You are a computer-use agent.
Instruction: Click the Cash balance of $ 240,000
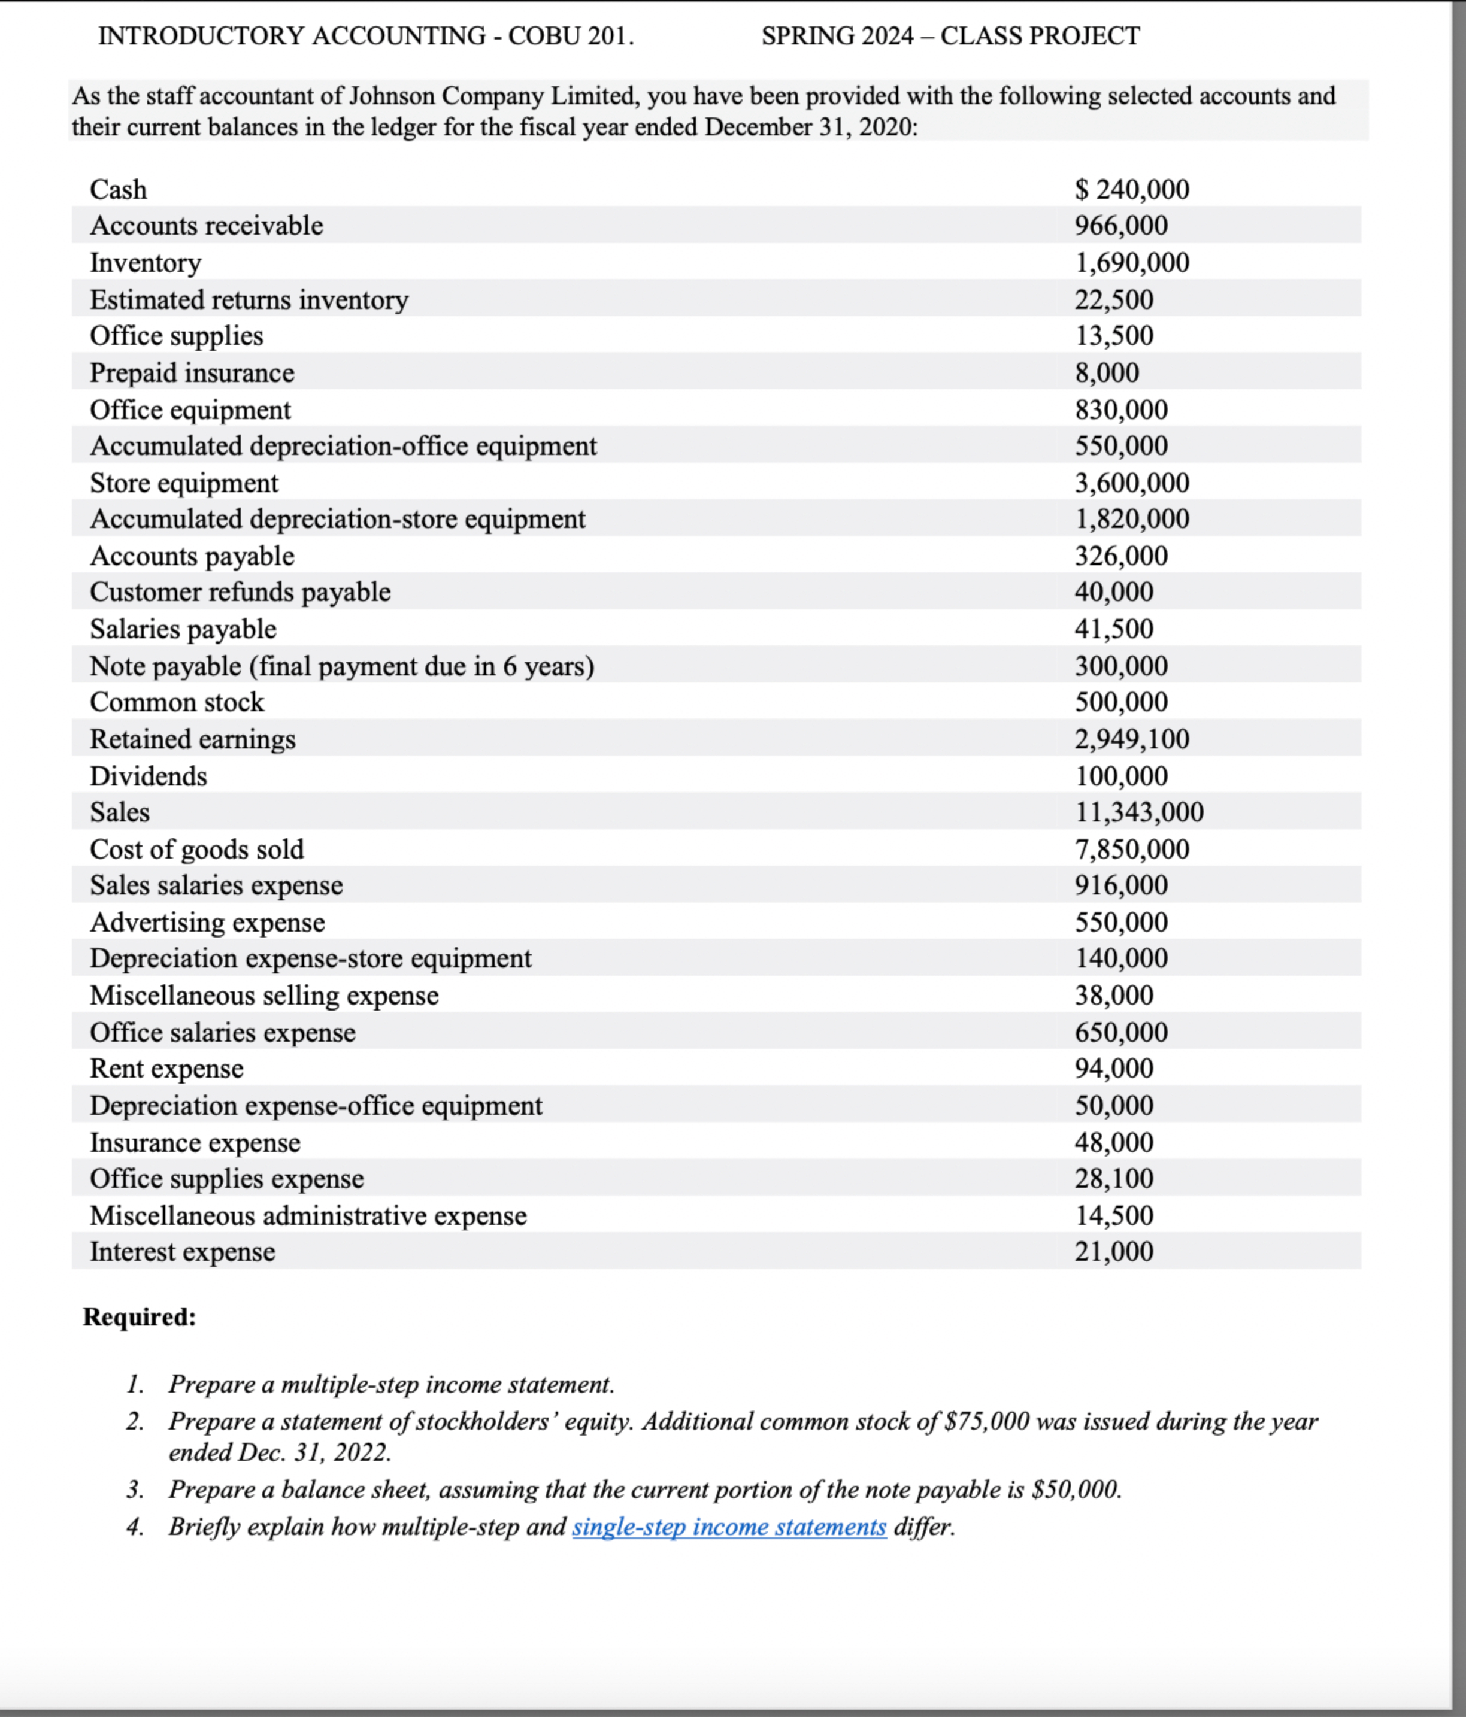click(x=1131, y=189)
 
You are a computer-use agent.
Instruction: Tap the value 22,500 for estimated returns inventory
click(x=1114, y=299)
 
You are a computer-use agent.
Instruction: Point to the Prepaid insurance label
click(x=192, y=373)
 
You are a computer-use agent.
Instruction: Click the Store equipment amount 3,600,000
click(x=1131, y=483)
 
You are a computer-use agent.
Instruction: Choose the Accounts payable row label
click(x=192, y=556)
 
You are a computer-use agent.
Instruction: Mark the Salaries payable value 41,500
click(x=1114, y=629)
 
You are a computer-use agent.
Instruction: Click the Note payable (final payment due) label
click(x=341, y=666)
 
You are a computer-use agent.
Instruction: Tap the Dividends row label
click(x=149, y=776)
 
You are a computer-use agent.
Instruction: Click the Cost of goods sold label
click(x=196, y=850)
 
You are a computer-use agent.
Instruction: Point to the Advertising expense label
click(x=207, y=923)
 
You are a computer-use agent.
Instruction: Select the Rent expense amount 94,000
click(x=1114, y=1068)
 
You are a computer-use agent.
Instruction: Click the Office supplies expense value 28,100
click(x=1114, y=1178)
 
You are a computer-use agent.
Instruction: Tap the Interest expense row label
click(x=182, y=1251)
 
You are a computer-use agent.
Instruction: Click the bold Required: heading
click(x=139, y=1316)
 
